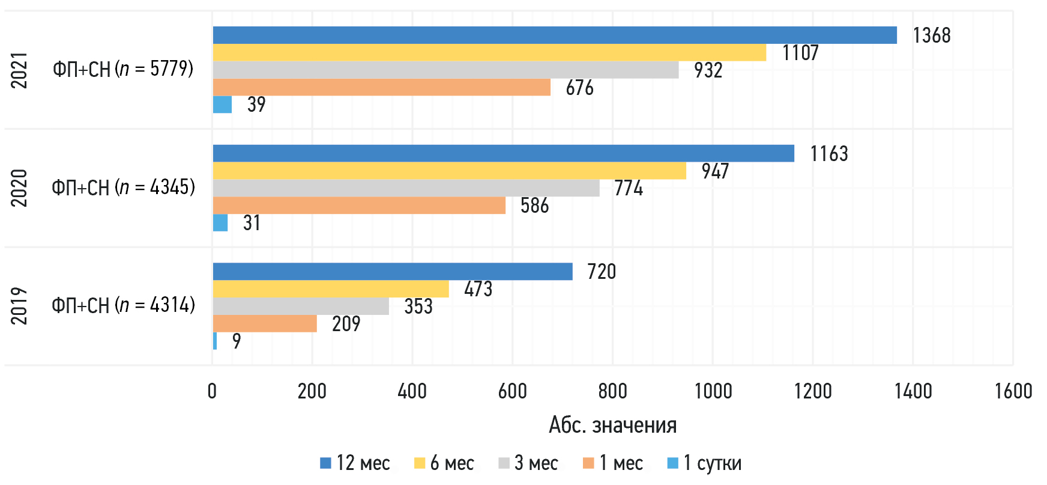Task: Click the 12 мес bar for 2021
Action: click(555, 35)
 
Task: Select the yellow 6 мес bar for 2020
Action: click(449, 171)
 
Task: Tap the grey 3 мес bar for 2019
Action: click(301, 307)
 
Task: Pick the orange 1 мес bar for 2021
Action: click(381, 88)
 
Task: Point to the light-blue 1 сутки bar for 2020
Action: click(220, 223)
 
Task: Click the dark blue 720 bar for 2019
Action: click(393, 272)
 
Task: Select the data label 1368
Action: click(931, 35)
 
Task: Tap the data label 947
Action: click(715, 171)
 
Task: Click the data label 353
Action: click(418, 307)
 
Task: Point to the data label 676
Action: click(579, 88)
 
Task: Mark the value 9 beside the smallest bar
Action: click(237, 341)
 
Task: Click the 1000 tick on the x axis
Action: click(713, 391)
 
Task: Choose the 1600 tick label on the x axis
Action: click(1013, 391)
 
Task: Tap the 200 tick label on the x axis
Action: click(312, 391)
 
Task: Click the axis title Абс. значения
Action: click(613, 425)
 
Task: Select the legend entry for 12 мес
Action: click(355, 463)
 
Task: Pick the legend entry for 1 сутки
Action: click(705, 463)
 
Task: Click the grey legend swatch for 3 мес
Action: click(504, 463)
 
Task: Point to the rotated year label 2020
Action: click(19, 188)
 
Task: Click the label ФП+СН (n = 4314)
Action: click(123, 305)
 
